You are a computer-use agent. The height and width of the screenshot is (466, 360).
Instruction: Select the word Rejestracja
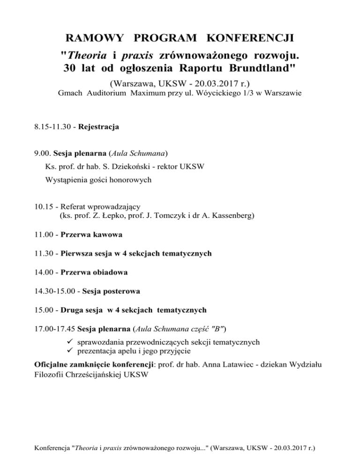pyautogui.click(x=99, y=127)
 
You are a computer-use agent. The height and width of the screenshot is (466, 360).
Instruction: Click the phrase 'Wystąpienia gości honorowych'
pyautogui.click(x=98, y=180)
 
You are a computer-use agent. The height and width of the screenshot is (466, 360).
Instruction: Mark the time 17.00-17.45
pyautogui.click(x=55, y=329)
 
